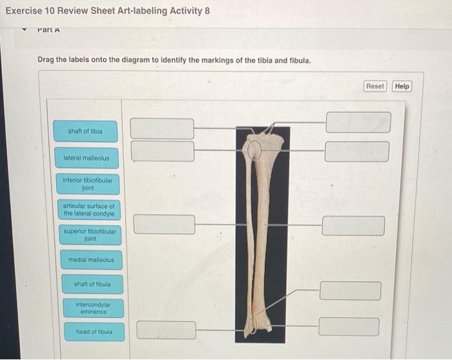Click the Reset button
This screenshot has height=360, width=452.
375,86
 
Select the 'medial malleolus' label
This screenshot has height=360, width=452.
91,261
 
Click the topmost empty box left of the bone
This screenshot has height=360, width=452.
162,128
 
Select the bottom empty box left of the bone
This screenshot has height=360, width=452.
166,330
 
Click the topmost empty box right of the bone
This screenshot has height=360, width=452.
358,122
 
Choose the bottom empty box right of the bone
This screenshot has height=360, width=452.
349,326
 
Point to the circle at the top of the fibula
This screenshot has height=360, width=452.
255,150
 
